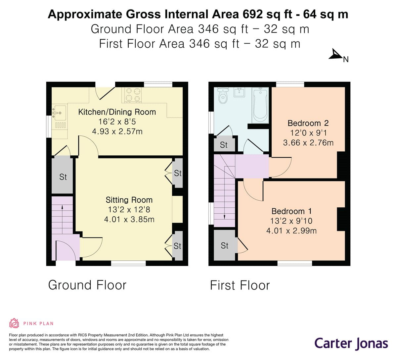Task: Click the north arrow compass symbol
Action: (x=336, y=55)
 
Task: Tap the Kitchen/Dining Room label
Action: (x=117, y=112)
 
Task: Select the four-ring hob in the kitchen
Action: (x=133, y=94)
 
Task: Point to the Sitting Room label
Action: (x=129, y=200)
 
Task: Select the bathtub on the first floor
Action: (x=260, y=105)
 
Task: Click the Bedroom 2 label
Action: (x=308, y=123)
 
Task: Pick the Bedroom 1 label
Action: (x=291, y=211)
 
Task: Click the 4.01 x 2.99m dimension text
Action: (x=291, y=231)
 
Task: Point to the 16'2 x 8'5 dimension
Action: (x=117, y=122)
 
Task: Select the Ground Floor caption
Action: (x=87, y=285)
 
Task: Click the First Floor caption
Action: (x=240, y=285)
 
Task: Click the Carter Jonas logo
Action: (x=351, y=343)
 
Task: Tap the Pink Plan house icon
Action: (x=14, y=323)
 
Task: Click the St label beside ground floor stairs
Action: (x=63, y=177)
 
